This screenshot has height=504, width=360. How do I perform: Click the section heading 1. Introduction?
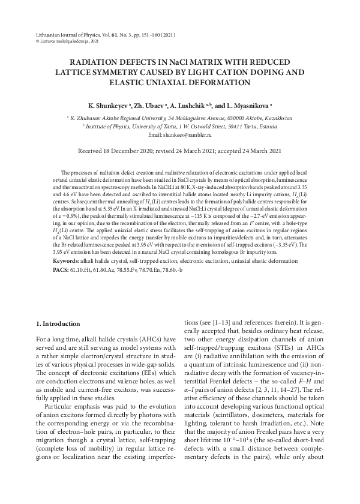coord(58,324)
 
